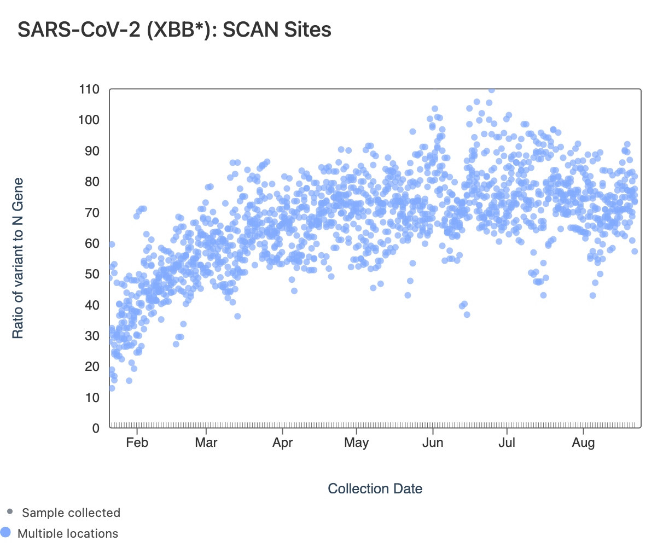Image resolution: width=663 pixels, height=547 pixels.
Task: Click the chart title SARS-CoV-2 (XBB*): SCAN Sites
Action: point(175,30)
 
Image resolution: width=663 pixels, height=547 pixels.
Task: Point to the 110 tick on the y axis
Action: point(89,89)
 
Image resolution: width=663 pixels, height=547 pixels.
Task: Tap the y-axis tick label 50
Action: point(92,274)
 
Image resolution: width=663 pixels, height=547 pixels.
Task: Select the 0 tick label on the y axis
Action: point(96,428)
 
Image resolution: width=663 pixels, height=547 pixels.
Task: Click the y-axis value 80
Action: point(92,182)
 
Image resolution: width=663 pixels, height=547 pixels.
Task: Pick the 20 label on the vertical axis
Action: point(92,366)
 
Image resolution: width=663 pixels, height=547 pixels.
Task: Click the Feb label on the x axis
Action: point(137,443)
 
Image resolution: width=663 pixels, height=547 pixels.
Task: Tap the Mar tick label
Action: point(206,443)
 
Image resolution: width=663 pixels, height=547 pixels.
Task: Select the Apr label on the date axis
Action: point(282,443)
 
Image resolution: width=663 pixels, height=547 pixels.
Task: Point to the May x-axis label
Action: point(357,443)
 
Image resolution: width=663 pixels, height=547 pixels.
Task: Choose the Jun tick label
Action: point(433,443)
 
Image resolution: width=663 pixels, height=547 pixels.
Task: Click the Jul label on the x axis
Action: point(507,443)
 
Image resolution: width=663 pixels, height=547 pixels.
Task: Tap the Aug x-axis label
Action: point(583,443)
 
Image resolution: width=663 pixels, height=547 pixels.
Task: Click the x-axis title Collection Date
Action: point(375,488)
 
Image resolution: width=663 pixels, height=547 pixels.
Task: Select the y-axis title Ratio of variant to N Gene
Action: point(18,258)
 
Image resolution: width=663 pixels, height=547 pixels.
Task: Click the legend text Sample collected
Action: point(71,513)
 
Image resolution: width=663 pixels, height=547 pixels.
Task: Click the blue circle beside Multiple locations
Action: point(5,532)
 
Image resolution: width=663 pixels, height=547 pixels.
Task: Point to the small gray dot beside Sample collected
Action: point(9,512)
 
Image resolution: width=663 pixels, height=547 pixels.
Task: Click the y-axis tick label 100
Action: point(89,120)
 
